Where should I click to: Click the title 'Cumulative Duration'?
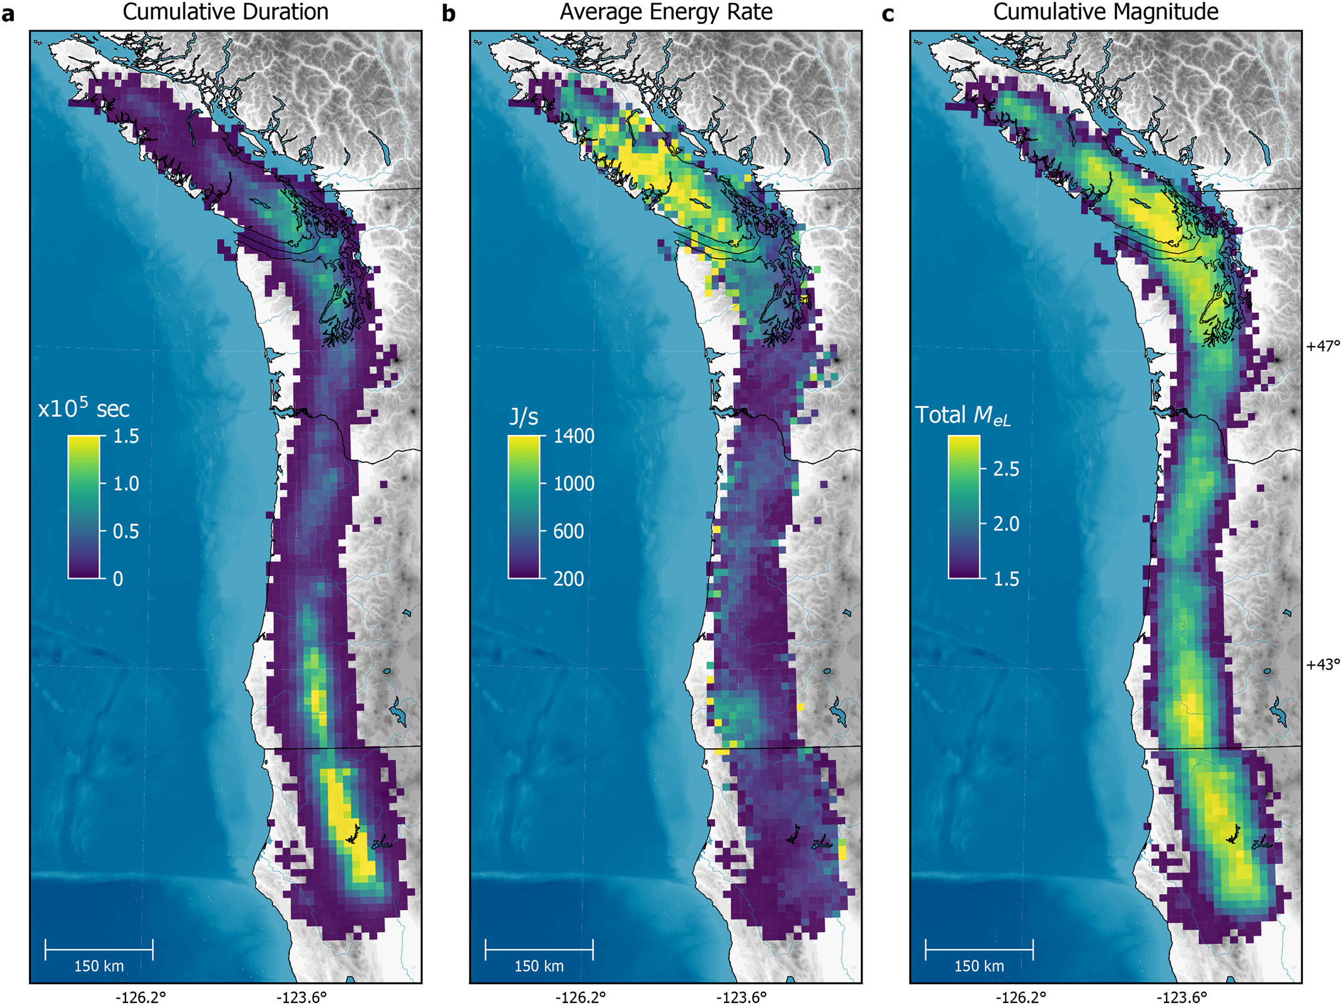225,12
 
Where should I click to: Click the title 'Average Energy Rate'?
666,12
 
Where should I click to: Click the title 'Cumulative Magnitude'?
1106,12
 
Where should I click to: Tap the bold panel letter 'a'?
8,14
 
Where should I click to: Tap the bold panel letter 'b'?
448,14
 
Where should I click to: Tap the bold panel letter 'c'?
888,14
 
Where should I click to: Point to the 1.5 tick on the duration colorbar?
125,436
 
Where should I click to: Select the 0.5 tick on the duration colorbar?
125,532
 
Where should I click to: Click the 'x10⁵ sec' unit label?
84,409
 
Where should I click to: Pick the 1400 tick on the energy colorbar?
573,436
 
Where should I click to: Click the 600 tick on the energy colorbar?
568,532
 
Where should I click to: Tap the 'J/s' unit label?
523,417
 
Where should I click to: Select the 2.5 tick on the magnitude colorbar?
1006,469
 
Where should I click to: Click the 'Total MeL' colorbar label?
962,415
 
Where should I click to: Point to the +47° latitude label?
1322,346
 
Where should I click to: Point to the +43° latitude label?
1322,665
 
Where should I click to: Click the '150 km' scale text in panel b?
539,966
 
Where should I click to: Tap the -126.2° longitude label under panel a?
141,997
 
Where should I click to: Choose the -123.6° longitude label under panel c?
1181,997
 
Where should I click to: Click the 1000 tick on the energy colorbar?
573,484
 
